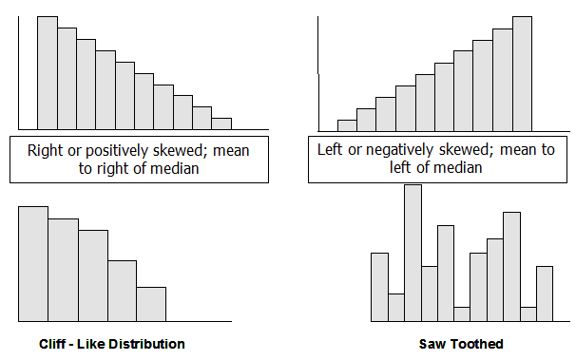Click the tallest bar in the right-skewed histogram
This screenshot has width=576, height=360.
point(48,72)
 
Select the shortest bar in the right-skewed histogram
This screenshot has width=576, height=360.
point(221,123)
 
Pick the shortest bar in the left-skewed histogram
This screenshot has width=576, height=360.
point(347,125)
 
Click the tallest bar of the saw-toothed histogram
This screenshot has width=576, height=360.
point(413,253)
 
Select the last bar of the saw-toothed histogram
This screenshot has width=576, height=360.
point(545,294)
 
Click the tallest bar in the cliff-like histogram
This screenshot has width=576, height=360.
point(33,264)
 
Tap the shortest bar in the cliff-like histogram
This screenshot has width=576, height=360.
point(151,304)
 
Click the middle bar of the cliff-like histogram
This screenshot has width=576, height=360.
point(92,275)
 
